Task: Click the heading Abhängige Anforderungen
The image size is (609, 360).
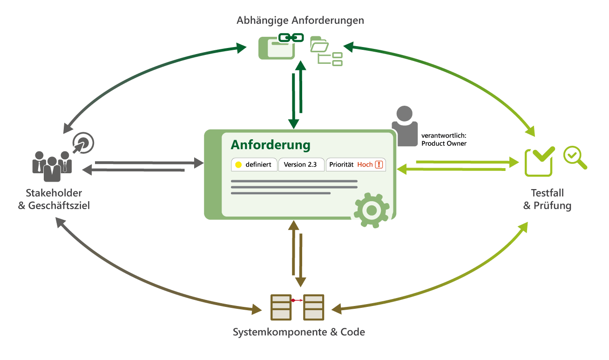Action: pyautogui.click(x=300, y=20)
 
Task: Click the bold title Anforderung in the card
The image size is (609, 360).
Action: pyautogui.click(x=271, y=145)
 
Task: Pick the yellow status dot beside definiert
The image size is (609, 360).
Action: pyautogui.click(x=239, y=165)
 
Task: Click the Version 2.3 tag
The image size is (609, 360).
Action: pyautogui.click(x=300, y=165)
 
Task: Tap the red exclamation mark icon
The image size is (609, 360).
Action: pyautogui.click(x=379, y=165)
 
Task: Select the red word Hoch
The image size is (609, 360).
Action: pyautogui.click(x=365, y=165)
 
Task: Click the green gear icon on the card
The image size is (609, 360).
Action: pyautogui.click(x=371, y=211)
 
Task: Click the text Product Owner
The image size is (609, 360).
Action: pyautogui.click(x=443, y=143)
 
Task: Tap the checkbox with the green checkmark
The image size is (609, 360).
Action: pyautogui.click(x=539, y=161)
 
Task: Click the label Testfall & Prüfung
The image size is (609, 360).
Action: pyautogui.click(x=547, y=199)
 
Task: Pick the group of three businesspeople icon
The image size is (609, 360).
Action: pyautogui.click(x=52, y=164)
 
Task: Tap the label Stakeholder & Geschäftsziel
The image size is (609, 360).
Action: pyautogui.click(x=54, y=199)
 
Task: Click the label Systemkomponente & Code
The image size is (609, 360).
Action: pyautogui.click(x=298, y=332)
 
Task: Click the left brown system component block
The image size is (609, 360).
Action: pyautogui.click(x=281, y=307)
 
